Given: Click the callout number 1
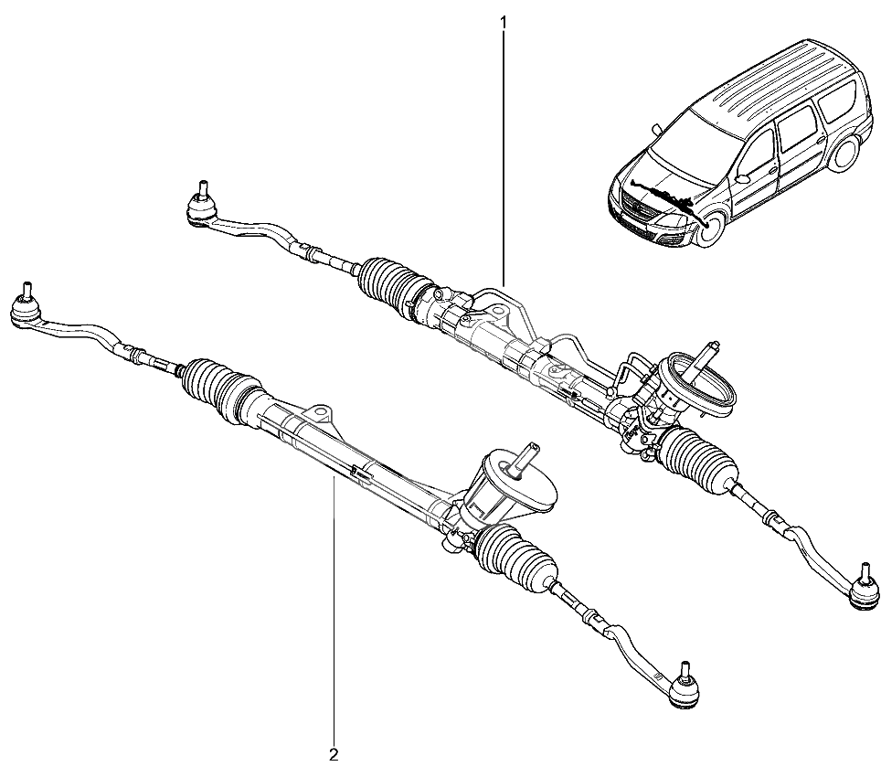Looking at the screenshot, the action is [x=504, y=22].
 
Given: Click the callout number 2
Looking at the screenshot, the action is [x=334, y=754].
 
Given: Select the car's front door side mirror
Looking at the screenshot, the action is [x=742, y=178].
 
